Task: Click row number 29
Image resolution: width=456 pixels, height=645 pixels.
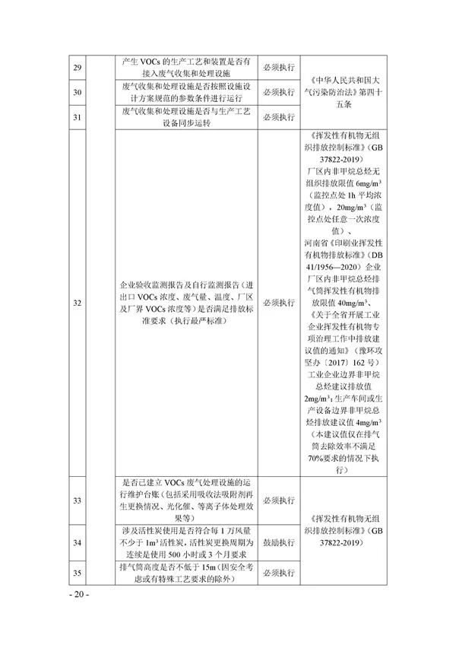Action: pyautogui.click(x=77, y=68)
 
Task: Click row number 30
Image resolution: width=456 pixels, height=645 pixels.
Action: pyautogui.click(x=77, y=94)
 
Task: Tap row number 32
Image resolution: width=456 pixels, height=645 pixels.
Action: pyautogui.click(x=77, y=303)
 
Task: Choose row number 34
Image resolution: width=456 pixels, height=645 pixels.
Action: pyautogui.click(x=77, y=544)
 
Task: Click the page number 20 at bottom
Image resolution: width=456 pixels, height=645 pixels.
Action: pyautogui.click(x=79, y=593)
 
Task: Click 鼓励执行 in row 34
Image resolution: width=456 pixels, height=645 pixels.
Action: pyautogui.click(x=279, y=544)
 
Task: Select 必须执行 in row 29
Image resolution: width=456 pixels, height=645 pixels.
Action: pyautogui.click(x=279, y=68)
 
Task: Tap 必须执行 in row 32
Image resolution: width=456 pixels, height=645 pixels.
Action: pyautogui.click(x=279, y=303)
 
